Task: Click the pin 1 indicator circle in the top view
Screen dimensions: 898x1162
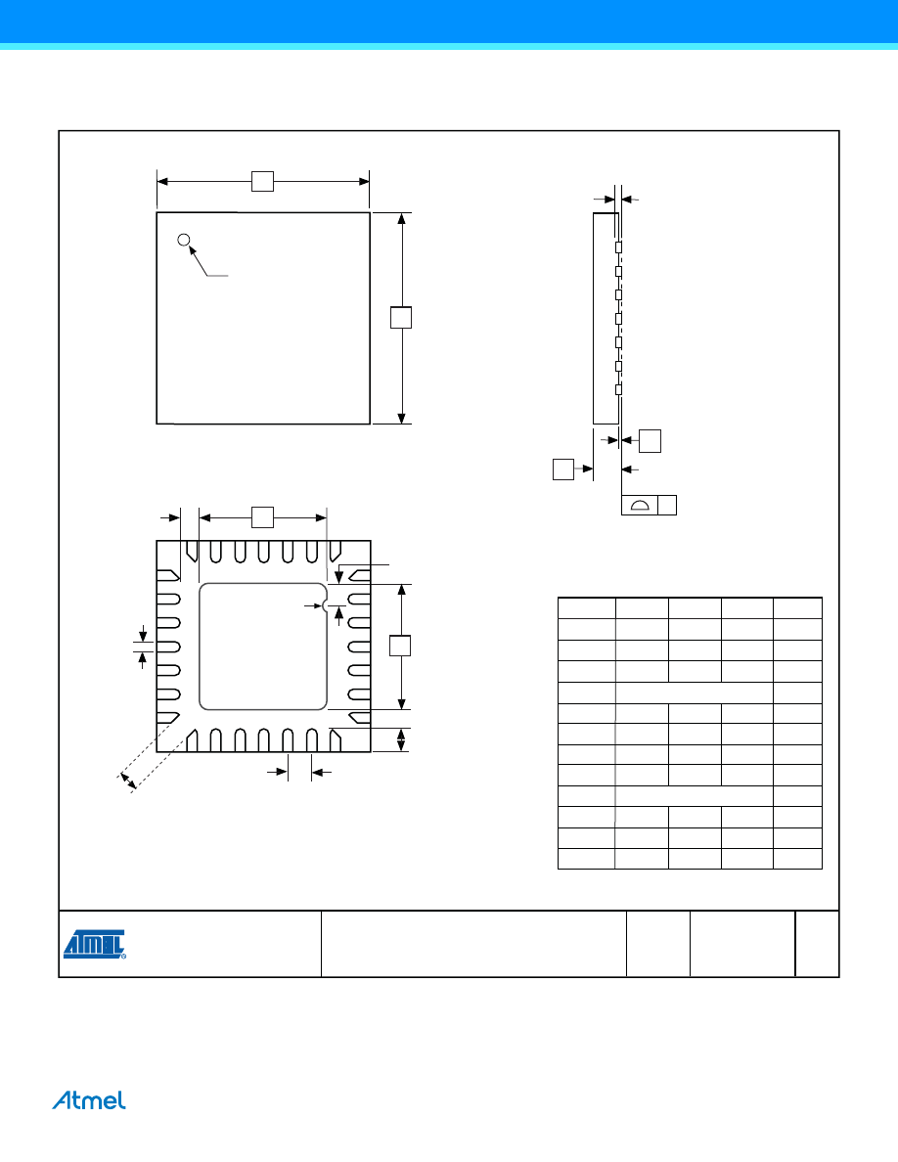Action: (x=184, y=240)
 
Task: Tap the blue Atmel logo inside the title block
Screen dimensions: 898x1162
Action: (x=95, y=944)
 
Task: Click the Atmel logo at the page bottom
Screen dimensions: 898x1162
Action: (x=89, y=1100)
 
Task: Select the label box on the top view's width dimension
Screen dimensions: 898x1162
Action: (x=262, y=182)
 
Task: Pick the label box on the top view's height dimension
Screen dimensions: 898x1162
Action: (x=401, y=317)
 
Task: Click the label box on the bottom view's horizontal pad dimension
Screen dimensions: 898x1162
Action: (x=262, y=517)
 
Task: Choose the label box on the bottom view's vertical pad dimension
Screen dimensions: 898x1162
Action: (x=400, y=646)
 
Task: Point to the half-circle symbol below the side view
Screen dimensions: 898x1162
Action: (x=640, y=506)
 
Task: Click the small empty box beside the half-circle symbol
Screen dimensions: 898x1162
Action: (x=667, y=505)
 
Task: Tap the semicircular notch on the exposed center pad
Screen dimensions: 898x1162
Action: (x=325, y=606)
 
